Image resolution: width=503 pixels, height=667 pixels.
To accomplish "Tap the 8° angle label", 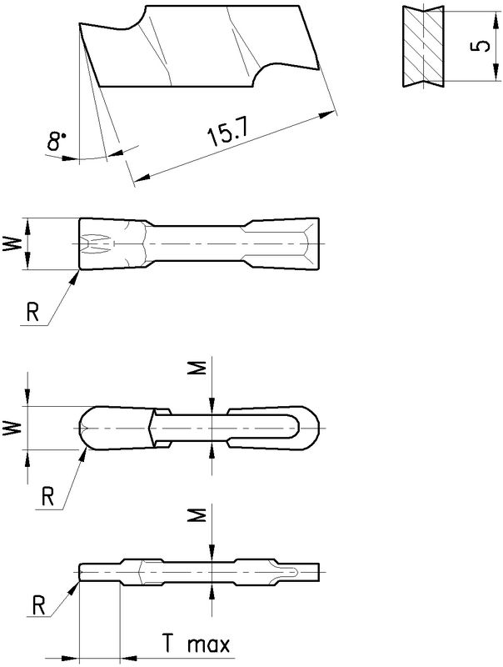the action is (56, 141).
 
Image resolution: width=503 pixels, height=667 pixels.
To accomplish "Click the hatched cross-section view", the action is (423, 47).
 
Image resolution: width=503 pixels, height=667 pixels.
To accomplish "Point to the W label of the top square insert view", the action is (12, 243).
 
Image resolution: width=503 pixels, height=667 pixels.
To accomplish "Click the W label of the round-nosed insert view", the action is (12, 428).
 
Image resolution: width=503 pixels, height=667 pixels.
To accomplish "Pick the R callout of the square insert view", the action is (32, 313).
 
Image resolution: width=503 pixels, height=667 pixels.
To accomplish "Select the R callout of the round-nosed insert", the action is (47, 497).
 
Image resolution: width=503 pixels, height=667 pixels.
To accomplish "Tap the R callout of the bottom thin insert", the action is (38, 606).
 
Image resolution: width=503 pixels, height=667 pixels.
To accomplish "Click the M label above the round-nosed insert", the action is (197, 368).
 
